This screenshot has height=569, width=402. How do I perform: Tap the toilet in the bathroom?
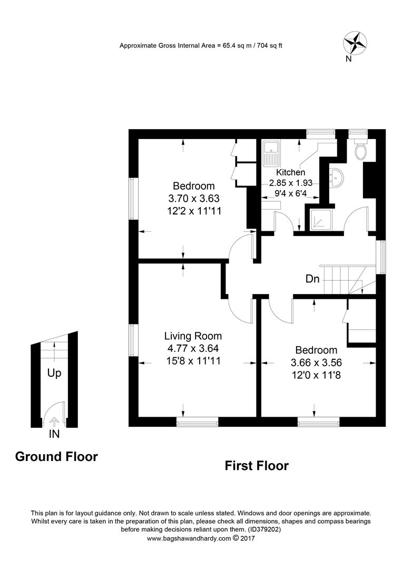point(361,150)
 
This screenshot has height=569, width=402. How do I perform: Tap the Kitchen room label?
point(290,172)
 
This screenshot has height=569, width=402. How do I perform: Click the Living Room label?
point(193,336)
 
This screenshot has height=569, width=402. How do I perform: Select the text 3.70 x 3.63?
point(193,199)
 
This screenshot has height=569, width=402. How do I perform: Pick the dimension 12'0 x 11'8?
point(316,376)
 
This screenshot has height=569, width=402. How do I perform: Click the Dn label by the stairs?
point(312,279)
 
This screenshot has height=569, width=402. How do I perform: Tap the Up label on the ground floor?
point(54,373)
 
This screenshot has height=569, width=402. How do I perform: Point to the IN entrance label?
point(54,434)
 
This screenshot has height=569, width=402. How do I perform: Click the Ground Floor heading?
point(56,456)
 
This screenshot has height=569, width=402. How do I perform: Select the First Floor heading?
point(257,466)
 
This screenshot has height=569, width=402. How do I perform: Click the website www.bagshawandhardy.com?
point(189,538)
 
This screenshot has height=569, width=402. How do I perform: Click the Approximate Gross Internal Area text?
point(201,46)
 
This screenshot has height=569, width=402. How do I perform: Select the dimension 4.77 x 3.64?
point(193,348)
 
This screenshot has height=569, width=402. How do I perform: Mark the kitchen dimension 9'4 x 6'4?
point(291,194)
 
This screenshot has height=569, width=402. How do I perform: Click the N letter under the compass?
point(348,59)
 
